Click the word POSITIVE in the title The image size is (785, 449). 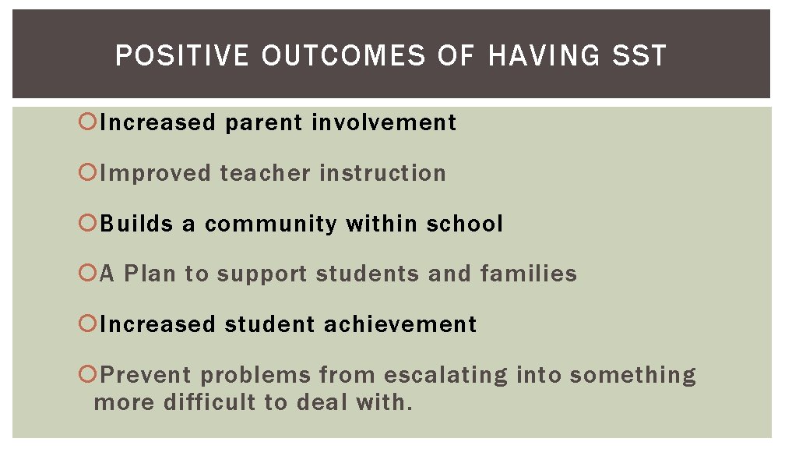[183, 56]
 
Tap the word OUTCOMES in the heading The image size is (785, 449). [343, 56]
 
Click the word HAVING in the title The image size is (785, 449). [544, 56]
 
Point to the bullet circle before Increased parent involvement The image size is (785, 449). [87, 122]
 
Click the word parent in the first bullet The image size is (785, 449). [264, 123]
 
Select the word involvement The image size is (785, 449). [384, 122]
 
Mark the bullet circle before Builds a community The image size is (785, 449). [87, 223]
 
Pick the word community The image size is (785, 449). [272, 224]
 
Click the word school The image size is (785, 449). [464, 224]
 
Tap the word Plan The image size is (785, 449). [150, 274]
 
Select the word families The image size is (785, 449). [529, 274]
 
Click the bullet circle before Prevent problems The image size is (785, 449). [87, 374]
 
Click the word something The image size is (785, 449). [632, 375]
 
